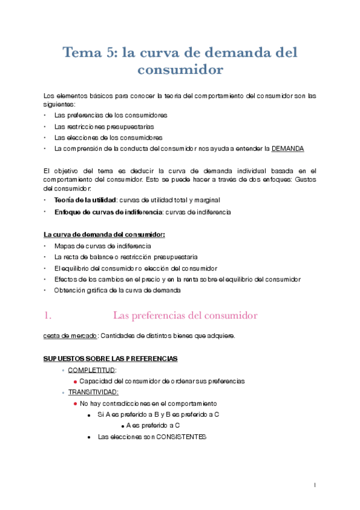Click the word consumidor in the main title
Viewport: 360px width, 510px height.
[180, 70]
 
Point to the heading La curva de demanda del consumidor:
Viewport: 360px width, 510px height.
[104, 234]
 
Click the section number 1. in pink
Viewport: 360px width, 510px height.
[49, 315]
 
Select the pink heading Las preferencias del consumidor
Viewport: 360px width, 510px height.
[185, 315]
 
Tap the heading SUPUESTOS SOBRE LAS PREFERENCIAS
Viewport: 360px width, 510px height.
[110, 359]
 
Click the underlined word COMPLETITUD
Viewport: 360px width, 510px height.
[92, 370]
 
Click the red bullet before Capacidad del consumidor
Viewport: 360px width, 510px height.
[75, 381]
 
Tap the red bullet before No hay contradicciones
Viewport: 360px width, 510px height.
[75, 403]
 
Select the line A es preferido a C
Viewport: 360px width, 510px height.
[153, 426]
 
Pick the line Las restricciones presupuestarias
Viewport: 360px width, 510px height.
[103, 126]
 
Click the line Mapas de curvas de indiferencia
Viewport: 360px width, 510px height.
[102, 246]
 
